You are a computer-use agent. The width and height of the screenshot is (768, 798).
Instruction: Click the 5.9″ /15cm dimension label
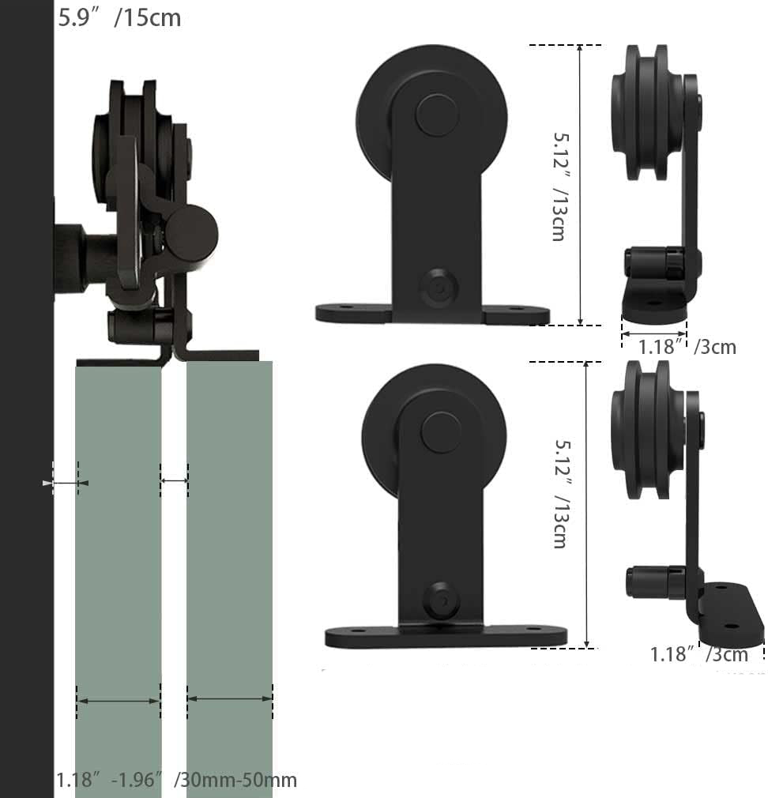[119, 18]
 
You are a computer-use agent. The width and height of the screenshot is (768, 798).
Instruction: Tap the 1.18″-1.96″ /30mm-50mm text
[176, 780]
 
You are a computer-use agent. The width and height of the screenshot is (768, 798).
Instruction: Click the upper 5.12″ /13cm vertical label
[560, 186]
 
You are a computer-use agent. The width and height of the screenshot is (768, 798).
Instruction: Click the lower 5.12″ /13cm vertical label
[562, 494]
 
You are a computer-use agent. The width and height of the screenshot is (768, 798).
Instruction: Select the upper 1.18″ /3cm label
[687, 347]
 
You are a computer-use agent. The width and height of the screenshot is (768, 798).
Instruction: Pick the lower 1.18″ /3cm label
[699, 654]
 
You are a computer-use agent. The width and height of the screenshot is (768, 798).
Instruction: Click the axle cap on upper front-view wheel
[437, 115]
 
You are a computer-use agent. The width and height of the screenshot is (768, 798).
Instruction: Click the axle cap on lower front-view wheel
[442, 433]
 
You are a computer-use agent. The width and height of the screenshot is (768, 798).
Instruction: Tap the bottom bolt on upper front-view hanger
[439, 288]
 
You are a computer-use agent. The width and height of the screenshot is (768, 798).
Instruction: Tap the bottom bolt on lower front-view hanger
[441, 600]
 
